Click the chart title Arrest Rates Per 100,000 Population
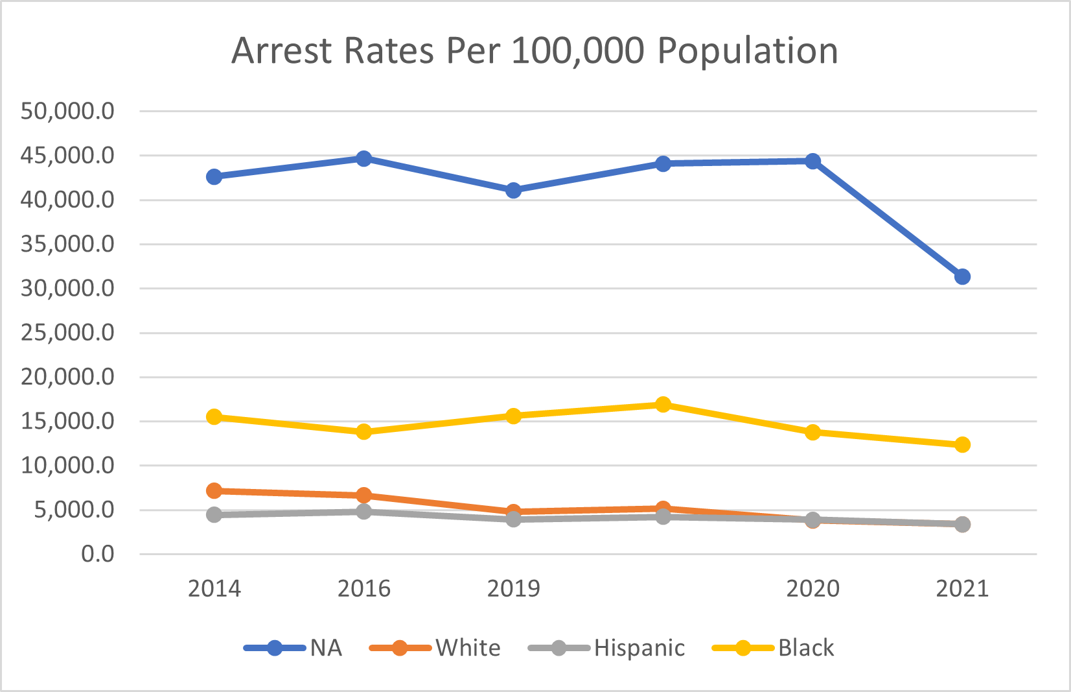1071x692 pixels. pos(535,51)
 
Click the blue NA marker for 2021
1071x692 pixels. pos(962,277)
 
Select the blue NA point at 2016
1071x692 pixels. pos(363,158)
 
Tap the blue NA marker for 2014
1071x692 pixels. pos(214,176)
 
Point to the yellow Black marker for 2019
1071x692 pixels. pos(513,416)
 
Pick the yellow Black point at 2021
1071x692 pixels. pos(962,444)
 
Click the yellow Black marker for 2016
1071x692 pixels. pos(363,431)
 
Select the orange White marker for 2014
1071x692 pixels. pos(214,490)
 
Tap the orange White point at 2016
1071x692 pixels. pos(363,495)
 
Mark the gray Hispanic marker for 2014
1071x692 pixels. pos(214,514)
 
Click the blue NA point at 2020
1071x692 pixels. pos(812,161)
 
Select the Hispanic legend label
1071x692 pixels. pos(639,648)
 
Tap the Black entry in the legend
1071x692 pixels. pos(806,648)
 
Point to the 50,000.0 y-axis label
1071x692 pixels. pos(67,111)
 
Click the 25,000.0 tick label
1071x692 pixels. pos(67,333)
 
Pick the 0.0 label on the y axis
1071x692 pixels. pos(97,554)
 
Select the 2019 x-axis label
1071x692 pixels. pos(513,588)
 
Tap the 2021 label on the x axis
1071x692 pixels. pos(962,588)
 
